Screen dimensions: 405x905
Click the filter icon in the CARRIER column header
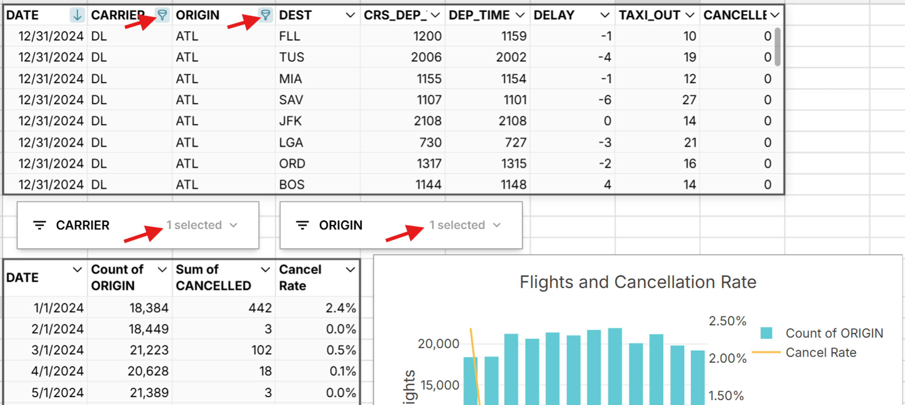click(x=162, y=15)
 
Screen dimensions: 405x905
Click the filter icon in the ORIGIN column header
click(x=265, y=15)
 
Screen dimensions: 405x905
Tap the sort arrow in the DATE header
click(x=77, y=15)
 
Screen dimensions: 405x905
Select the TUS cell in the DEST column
click(x=291, y=57)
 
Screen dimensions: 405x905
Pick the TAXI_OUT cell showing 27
click(x=689, y=100)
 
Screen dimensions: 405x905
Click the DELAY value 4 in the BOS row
click(x=607, y=185)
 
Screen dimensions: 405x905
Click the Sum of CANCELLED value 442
click(x=260, y=308)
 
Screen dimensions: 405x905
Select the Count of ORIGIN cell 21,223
click(x=149, y=350)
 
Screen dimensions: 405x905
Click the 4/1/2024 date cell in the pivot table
click(x=57, y=371)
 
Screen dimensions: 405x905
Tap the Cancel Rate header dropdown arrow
click(x=350, y=270)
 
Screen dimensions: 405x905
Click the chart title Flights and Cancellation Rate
click(x=638, y=282)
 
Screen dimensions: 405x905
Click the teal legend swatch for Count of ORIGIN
click(x=766, y=333)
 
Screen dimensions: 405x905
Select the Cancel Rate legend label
click(x=821, y=352)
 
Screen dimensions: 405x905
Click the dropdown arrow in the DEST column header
click(x=350, y=15)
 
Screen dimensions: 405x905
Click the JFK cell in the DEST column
click(x=290, y=121)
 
